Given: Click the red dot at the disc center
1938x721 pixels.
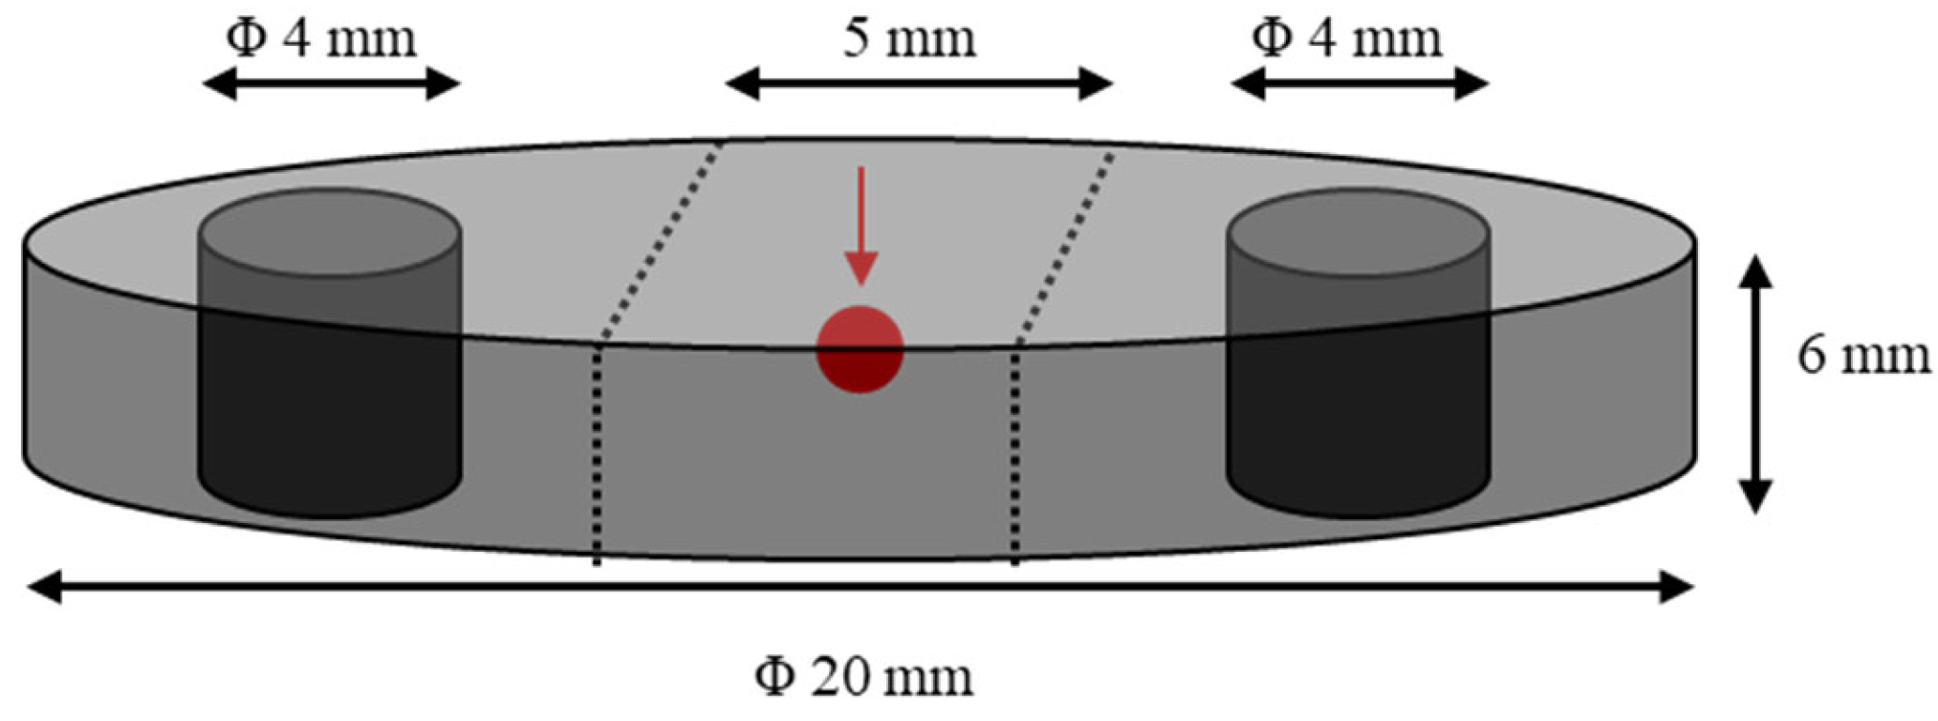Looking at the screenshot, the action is point(860,349).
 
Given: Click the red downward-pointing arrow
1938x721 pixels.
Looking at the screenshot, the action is point(861,226).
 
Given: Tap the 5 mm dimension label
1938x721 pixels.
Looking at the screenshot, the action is point(909,39).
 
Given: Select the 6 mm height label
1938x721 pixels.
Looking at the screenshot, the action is point(1863,356).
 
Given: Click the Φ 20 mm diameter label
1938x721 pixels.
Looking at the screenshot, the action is point(863,677).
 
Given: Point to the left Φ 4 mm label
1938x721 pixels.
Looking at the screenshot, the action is point(321,39).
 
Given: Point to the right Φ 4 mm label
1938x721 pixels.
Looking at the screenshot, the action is point(1346,39).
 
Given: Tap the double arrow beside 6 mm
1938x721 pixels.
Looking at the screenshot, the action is point(1754,384).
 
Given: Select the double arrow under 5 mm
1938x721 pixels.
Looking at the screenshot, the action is point(919,84).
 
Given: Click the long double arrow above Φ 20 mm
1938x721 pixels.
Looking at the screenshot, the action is point(860,587).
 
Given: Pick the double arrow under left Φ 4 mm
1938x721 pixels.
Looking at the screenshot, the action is point(332,84).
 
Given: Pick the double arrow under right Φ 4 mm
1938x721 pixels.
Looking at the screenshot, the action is point(1360,84).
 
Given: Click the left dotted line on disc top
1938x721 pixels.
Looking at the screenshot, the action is point(661,242).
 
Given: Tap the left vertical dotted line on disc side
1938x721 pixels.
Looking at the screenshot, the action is point(597,453).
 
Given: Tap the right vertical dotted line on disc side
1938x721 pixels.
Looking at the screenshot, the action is point(1014,453).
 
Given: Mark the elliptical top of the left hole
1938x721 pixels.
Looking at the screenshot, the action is point(329,232).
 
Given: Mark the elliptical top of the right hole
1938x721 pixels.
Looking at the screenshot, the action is point(1358,232).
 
